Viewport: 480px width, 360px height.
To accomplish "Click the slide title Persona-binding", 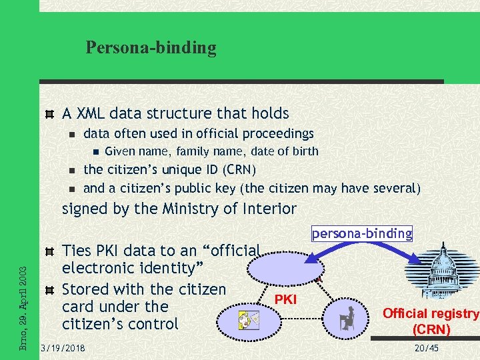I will tap(151, 48).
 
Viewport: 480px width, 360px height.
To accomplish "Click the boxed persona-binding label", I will tap(362, 233).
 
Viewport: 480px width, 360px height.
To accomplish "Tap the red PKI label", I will tap(285, 300).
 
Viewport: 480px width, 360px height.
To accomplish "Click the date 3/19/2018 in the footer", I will tap(63, 347).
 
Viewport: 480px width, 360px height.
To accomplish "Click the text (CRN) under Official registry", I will tap(431, 329).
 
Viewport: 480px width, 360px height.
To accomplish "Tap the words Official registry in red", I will tap(431, 314).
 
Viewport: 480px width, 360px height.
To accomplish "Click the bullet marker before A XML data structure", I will tap(49, 114).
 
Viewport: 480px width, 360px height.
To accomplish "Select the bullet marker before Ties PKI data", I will tap(49, 251).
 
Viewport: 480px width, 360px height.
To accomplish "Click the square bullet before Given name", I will tap(95, 151).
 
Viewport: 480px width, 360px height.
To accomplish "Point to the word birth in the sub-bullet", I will tap(303, 151).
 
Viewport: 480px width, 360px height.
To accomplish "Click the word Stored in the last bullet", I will tap(85, 290).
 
